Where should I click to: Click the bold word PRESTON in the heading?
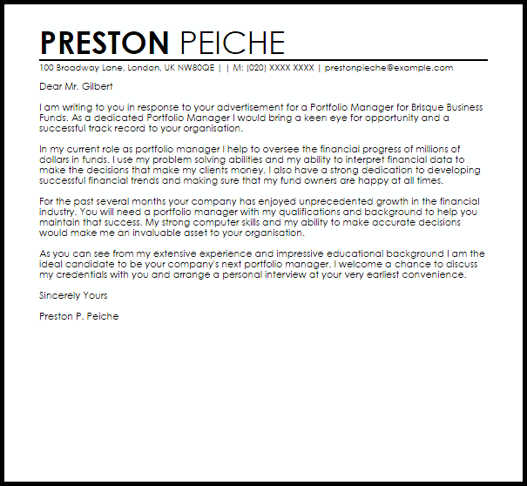pyautogui.click(x=105, y=43)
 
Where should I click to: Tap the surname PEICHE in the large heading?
pyautogui.click(x=232, y=43)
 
